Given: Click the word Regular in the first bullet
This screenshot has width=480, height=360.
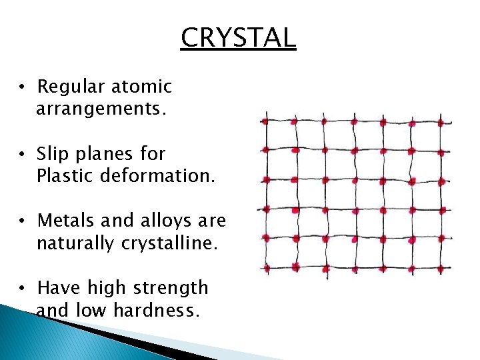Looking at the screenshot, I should point(70,87).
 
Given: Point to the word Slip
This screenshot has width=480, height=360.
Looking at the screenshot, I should point(53,154).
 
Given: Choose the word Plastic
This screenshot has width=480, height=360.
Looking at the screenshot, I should point(66,176).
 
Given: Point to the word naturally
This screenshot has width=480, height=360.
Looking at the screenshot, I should point(75,243).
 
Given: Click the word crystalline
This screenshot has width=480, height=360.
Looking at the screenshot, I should point(169,243).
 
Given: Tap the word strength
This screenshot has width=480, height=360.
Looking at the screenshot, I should point(174,289).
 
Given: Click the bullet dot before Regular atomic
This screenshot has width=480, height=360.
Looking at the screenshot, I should point(23,87).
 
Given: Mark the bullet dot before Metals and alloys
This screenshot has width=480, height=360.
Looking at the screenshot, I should point(23,221).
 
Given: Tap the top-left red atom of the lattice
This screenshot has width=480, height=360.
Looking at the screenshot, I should point(265,121).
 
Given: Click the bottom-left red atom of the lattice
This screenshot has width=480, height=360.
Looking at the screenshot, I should point(267,268).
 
